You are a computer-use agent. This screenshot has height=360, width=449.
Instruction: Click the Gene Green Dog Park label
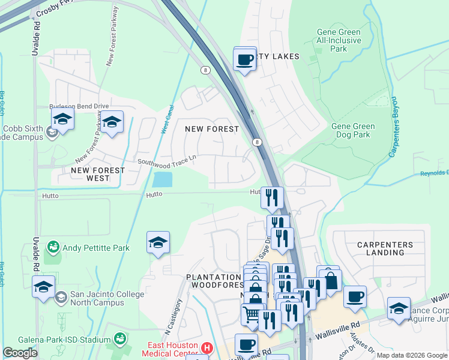(x=353, y=131)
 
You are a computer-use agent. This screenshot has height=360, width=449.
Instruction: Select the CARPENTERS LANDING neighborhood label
(x=385, y=248)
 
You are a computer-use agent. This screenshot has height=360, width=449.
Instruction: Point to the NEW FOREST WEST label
(x=98, y=174)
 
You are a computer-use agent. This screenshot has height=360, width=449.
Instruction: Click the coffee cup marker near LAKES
(x=245, y=59)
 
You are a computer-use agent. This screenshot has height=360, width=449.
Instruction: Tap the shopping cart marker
(x=252, y=314)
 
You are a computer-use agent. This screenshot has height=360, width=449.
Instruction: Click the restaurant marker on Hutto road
(x=273, y=197)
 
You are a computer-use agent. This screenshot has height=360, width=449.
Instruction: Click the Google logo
(x=20, y=353)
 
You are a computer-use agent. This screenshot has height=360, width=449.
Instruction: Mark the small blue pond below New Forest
(x=162, y=179)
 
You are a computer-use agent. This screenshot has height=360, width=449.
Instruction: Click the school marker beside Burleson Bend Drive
(x=112, y=122)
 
